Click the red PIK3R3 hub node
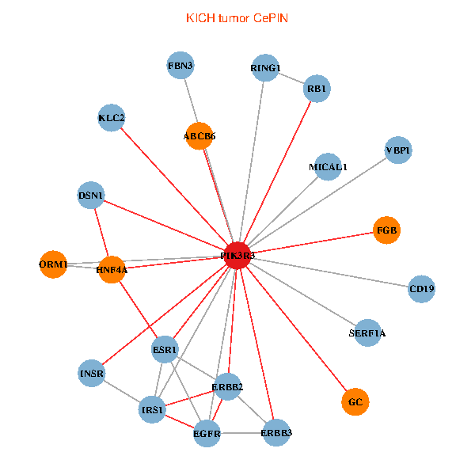[237, 256]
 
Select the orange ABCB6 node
[199, 136]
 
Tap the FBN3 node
[180, 66]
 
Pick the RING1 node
[265, 68]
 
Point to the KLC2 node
[112, 119]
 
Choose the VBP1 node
[398, 150]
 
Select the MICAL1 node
[328, 167]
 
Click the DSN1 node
[92, 195]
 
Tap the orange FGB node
[387, 230]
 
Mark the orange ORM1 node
[54, 264]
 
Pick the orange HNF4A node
[112, 270]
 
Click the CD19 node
[422, 289]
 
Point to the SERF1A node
[367, 333]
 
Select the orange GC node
[355, 402]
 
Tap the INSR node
[92, 372]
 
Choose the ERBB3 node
[276, 433]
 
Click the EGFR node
[207, 433]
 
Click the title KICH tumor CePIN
[237, 17]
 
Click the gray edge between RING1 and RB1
[291, 78]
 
